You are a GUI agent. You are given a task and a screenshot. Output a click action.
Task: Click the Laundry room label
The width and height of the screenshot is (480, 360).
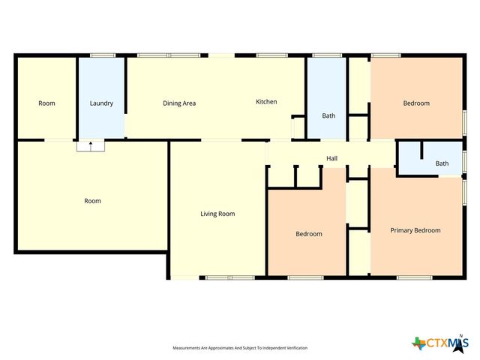click(101, 103)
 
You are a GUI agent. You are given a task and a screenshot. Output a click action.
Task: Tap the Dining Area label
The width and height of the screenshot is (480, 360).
click(179, 103)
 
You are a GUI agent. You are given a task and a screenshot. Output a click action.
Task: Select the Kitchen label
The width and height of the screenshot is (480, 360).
click(266, 102)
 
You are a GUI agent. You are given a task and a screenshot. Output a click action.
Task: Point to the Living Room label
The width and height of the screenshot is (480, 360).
click(217, 214)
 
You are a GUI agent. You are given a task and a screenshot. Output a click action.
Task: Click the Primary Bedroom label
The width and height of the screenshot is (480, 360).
click(415, 230)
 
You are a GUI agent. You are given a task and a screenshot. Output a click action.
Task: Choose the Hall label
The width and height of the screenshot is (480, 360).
click(331, 158)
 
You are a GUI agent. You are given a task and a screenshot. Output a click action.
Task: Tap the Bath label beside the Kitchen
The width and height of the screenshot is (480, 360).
click(328, 115)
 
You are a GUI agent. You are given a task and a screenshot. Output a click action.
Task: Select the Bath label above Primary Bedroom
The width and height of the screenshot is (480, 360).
click(442, 163)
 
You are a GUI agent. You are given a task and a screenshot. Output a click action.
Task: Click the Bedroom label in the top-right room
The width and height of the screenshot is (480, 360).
click(416, 103)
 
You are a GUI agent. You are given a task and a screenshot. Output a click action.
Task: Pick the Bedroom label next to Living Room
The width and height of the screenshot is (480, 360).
click(308, 234)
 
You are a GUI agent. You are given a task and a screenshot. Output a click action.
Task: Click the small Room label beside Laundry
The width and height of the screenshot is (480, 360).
click(46, 103)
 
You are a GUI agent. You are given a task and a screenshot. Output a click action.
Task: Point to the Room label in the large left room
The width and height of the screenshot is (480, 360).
click(92, 201)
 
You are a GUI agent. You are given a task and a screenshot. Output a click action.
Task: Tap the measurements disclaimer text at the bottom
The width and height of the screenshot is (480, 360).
click(240, 348)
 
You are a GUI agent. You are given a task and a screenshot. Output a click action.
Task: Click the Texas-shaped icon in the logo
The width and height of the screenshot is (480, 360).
click(418, 343)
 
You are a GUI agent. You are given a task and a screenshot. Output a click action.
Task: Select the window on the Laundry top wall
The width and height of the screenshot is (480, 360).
click(103, 55)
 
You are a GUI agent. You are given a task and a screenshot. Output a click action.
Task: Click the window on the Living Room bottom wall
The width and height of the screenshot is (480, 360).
click(220, 277)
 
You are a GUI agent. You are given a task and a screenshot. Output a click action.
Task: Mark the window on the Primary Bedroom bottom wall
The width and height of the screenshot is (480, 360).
click(409, 277)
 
